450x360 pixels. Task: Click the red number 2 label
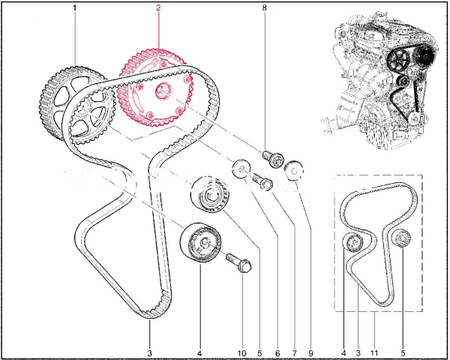[x=158, y=7]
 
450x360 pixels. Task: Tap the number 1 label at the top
[x=74, y=7]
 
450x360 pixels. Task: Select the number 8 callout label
[x=264, y=7]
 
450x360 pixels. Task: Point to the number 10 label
[x=242, y=353]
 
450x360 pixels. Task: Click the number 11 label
[x=374, y=353]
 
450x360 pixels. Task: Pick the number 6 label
[x=277, y=353]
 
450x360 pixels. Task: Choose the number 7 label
[x=295, y=353]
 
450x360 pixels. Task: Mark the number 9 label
[x=310, y=353]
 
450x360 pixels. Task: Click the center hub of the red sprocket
[x=163, y=90]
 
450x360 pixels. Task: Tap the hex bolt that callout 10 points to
[x=239, y=262]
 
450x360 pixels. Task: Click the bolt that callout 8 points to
[x=273, y=159]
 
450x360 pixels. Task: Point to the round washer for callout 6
[x=241, y=168]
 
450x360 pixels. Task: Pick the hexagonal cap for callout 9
[x=293, y=171]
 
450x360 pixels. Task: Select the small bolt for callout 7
[x=262, y=181]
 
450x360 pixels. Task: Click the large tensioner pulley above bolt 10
[x=201, y=242]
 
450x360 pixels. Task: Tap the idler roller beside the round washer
[x=210, y=195]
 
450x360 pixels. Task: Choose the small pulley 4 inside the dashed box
[x=353, y=242]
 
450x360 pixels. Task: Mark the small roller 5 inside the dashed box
[x=401, y=238]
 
